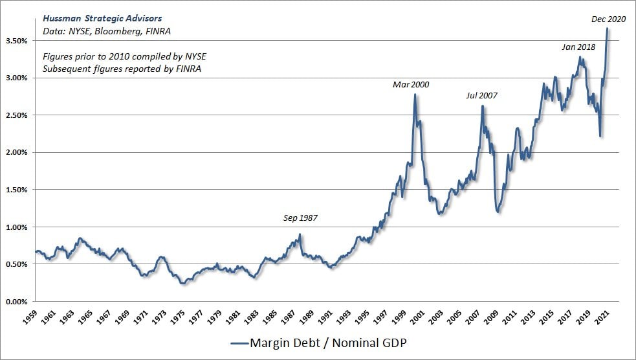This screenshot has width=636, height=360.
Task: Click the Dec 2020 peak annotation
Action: pos(609,19)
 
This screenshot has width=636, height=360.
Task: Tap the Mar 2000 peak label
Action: pos(411,84)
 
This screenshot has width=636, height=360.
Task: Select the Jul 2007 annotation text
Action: pos(482,96)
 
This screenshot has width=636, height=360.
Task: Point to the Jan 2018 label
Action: pos(578,47)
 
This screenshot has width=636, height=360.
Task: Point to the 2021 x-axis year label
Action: pos(604,318)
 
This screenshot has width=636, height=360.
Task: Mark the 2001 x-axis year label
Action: pos(421,318)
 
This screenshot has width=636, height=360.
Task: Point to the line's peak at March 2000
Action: pos(415,95)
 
